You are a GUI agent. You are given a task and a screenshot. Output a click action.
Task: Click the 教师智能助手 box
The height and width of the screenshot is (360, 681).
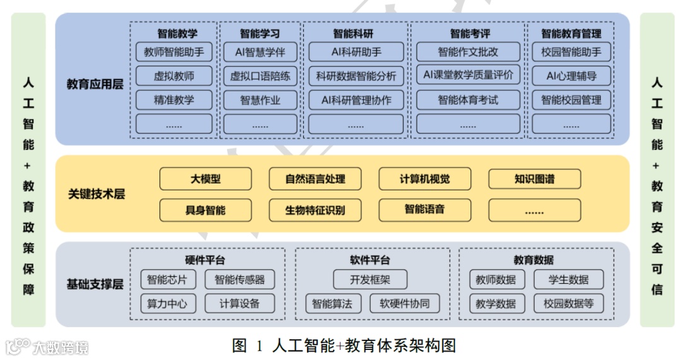pos(174,52)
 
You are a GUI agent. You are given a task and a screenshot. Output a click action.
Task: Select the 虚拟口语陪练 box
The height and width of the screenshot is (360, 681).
pos(260,76)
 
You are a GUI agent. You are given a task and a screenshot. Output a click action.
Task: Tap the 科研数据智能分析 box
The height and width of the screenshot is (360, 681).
pos(356,76)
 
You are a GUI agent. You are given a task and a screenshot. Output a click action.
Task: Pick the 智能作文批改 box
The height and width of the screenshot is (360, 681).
pos(467,52)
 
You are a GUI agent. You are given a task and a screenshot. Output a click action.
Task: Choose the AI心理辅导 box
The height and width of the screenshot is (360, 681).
pos(571,76)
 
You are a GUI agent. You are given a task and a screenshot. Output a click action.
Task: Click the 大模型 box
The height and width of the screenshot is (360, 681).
pos(206,179)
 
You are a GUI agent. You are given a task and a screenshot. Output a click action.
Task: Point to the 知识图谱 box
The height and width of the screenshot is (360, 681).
pos(534,179)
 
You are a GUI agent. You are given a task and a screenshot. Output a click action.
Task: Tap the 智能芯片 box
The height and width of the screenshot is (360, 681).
pos(167,279)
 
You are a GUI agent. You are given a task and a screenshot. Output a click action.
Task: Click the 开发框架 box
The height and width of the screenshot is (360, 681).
pos(370,279)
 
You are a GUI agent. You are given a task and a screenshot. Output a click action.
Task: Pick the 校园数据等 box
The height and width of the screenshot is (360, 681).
pos(568,303)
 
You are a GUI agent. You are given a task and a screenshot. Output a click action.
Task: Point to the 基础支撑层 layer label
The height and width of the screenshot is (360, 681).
pos(95,284)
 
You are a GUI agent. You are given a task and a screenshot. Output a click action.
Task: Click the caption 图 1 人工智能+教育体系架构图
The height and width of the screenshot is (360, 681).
pos(344,345)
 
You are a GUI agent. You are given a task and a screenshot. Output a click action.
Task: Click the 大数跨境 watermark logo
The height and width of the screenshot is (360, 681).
pos(47,347)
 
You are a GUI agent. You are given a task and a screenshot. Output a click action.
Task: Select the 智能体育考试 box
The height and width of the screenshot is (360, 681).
pos(467,100)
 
